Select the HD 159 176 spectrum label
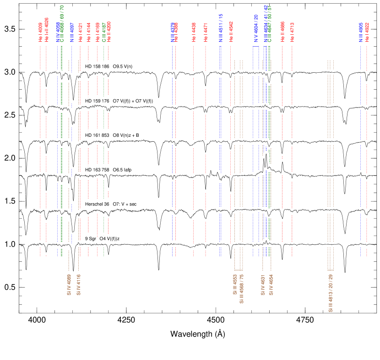pos(123,101)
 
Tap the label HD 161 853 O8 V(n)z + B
pos(113,135)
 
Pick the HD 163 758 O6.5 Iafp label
pos(109,170)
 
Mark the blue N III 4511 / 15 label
pos(220,28)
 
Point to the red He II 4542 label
pos(231,32)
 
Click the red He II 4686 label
pos(282,32)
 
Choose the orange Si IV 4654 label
pos(271,285)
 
